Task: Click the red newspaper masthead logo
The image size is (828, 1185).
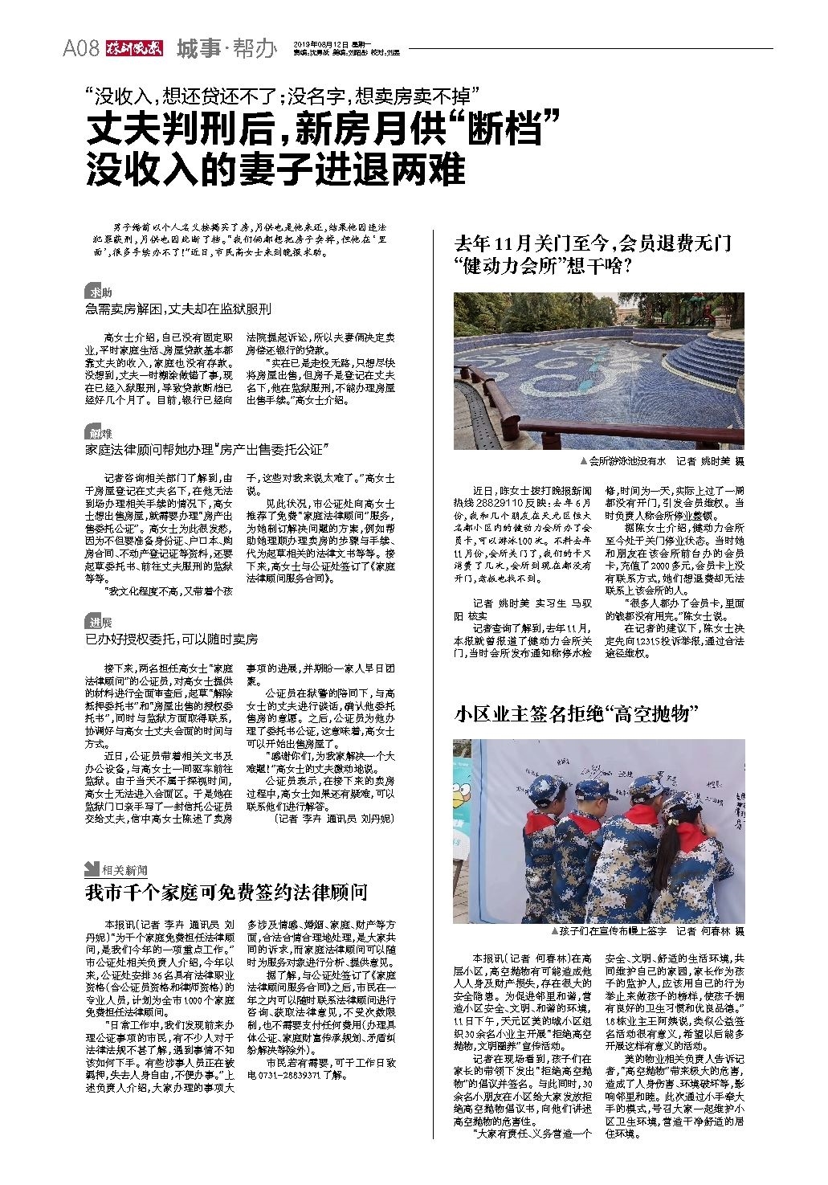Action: click(x=132, y=49)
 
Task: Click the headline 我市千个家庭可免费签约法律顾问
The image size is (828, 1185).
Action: click(x=227, y=893)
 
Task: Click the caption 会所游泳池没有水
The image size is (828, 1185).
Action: click(x=623, y=462)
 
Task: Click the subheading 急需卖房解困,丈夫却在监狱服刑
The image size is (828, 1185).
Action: click(x=178, y=309)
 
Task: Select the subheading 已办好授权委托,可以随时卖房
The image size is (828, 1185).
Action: click(x=172, y=639)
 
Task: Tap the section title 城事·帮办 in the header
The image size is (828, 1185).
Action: click(x=225, y=49)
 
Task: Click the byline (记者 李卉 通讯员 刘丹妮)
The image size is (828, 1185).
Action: click(x=333, y=819)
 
